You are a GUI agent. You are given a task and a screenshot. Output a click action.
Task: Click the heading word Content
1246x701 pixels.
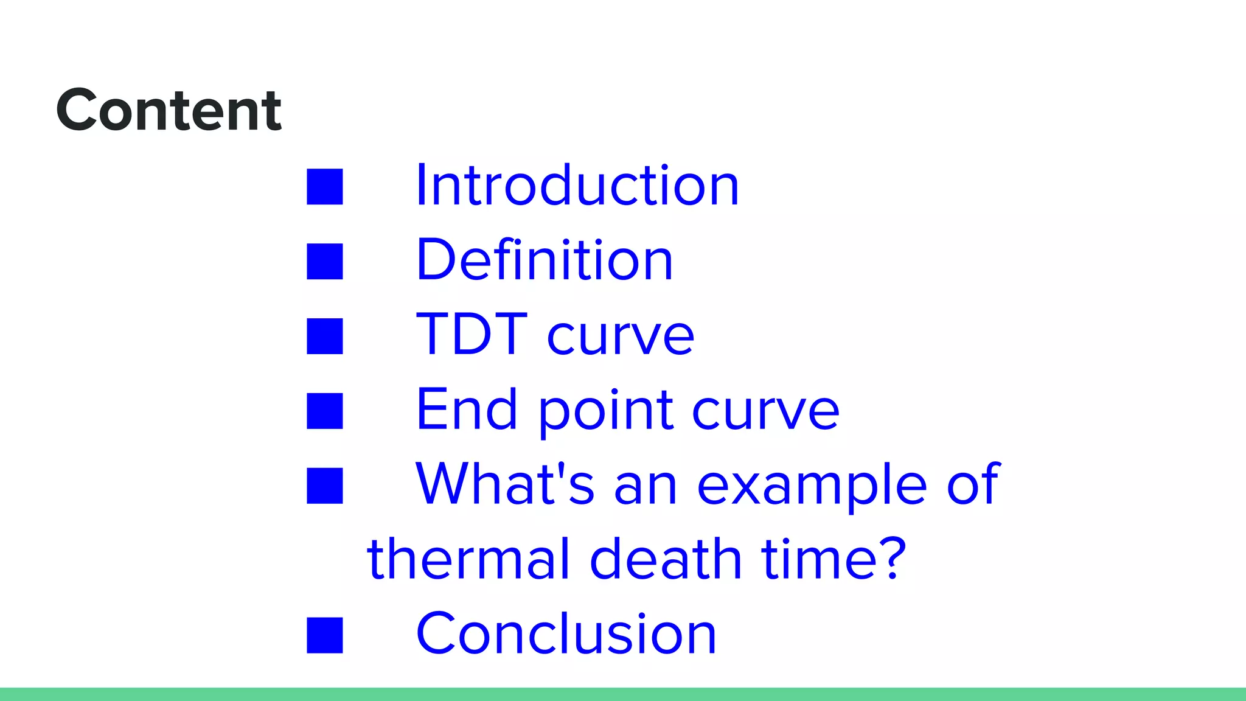tap(169, 110)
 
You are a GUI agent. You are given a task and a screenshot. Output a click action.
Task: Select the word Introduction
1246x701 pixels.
tap(577, 186)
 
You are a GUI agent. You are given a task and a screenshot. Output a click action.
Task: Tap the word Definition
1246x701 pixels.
tap(545, 260)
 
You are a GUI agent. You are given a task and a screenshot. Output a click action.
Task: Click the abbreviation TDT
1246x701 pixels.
tap(472, 334)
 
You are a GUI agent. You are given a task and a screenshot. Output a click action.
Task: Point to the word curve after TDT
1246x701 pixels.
tap(620, 337)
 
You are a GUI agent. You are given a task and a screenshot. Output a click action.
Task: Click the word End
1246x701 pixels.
tap(467, 410)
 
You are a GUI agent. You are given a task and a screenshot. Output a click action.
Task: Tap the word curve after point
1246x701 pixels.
tap(765, 411)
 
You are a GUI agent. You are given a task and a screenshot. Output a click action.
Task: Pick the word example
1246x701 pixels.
tap(812, 487)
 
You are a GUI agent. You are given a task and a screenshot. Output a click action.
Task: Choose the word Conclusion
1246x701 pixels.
tap(566, 634)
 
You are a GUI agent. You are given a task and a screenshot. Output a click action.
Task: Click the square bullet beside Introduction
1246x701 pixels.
tap(325, 186)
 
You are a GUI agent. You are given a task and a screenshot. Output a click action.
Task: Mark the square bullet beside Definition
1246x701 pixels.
tap(325, 261)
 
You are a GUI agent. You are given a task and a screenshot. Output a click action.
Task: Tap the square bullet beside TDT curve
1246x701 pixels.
tap(325, 336)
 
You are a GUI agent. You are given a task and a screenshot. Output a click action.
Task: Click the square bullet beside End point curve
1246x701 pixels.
tap(325, 411)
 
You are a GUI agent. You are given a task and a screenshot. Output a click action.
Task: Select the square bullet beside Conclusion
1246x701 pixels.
tap(325, 635)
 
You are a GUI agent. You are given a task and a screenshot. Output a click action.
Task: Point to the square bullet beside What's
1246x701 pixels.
tap(325, 486)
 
